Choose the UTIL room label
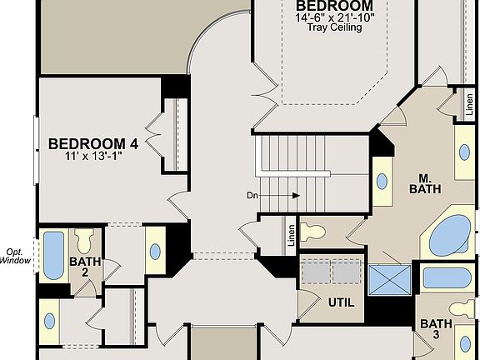pos(340,302)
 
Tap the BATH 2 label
pos(84,267)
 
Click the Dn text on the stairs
pos(253,196)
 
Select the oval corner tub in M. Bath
pos(452,233)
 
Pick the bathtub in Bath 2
pos(53,256)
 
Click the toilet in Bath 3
pos(462,310)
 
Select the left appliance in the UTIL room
pos(316,272)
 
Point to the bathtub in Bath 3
pos(447,277)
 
